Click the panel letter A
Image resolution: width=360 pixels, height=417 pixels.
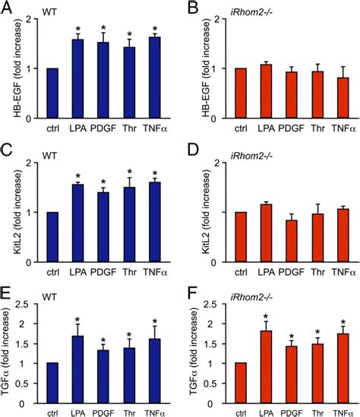pyautogui.click(x=6, y=8)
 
